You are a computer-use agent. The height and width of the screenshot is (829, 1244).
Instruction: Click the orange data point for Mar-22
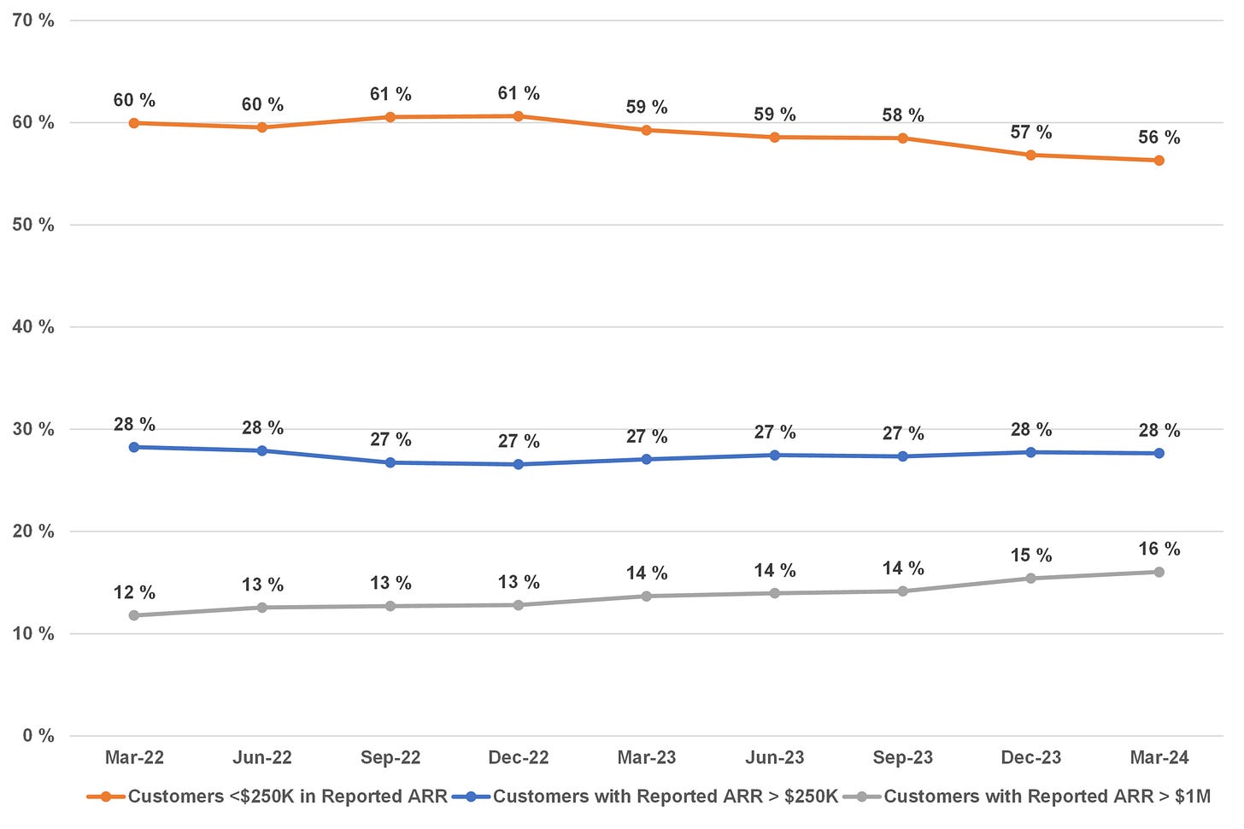point(134,123)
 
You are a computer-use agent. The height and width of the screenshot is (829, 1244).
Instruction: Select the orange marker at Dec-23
point(1030,155)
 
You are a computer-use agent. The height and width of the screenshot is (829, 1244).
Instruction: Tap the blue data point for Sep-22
point(390,462)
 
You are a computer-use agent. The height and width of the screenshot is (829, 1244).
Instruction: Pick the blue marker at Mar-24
point(1159,453)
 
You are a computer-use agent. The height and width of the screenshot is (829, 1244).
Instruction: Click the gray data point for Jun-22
point(262,608)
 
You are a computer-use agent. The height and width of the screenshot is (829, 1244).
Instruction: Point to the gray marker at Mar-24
point(1159,572)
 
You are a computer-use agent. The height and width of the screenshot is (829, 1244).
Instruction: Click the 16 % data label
point(1159,549)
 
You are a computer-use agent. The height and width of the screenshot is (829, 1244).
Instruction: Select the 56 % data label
point(1159,138)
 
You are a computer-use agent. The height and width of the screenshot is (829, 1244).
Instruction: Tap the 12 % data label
point(134,592)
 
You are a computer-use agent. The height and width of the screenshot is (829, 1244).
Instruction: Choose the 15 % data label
point(1030,556)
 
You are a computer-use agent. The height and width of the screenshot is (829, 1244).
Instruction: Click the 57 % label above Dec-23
point(1030,132)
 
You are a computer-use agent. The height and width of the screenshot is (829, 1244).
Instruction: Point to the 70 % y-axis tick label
point(33,21)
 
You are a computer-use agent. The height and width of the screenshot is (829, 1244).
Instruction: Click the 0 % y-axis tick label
point(38,736)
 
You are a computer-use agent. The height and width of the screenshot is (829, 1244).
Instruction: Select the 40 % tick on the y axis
point(33,326)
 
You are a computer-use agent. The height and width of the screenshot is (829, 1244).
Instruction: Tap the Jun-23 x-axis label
point(774,757)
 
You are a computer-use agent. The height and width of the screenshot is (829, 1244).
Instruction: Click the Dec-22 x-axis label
point(518,757)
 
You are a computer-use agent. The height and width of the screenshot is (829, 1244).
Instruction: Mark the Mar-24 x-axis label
point(1159,757)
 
